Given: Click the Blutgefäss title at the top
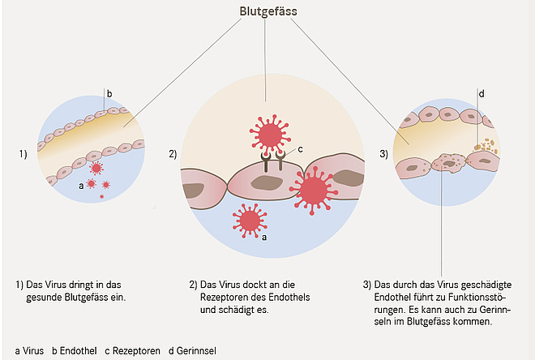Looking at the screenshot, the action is tap(268, 11).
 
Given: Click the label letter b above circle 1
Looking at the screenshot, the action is tap(109, 93).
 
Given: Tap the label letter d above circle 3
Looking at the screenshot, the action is tap(481, 93).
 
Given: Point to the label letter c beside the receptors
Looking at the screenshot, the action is tap(300, 149).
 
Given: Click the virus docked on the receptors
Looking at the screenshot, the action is tap(270, 134).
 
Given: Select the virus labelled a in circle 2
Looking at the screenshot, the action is tap(250, 221).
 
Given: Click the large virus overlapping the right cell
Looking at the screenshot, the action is tap(313, 190).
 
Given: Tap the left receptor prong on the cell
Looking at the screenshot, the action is tap(265, 161).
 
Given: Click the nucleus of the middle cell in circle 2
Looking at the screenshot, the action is tap(266, 183).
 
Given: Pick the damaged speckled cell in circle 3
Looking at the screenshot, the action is tap(449, 163).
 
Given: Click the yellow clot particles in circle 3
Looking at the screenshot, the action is tap(486, 144).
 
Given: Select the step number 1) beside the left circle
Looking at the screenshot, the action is tap(23, 154).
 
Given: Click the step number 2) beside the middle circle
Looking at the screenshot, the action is tap(173, 154).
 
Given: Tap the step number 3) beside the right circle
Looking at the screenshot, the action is tap(384, 154).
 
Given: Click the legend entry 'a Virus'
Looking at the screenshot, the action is tap(29, 351).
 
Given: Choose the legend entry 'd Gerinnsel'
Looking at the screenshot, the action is tap(192, 351).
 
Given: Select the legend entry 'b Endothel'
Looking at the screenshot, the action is tap(75, 351).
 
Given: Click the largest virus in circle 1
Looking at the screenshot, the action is tap(96, 168).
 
